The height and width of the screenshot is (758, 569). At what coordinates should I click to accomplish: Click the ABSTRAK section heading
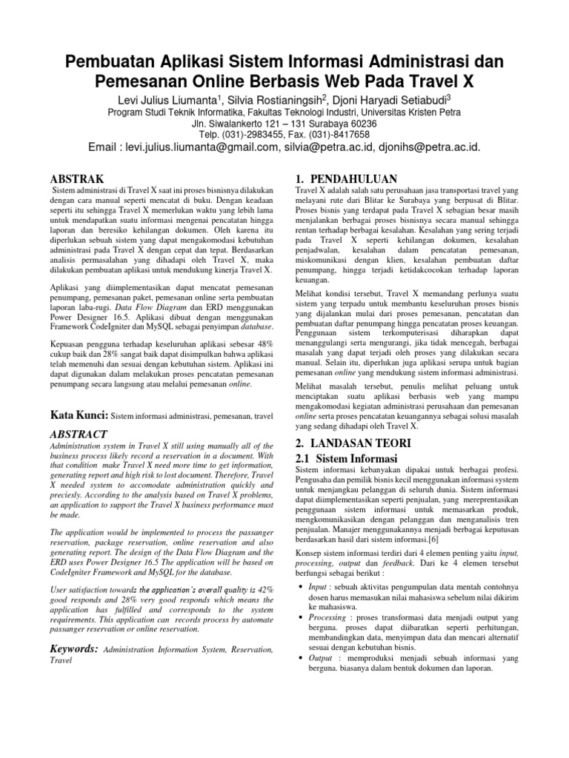tap(76, 180)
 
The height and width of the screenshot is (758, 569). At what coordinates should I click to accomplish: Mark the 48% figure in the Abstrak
tap(264, 343)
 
